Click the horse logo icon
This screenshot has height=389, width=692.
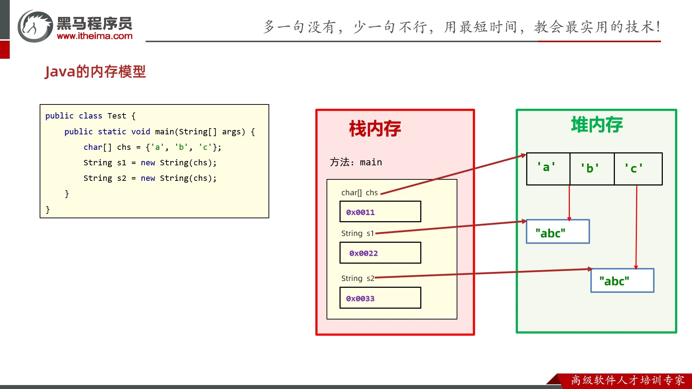(x=35, y=26)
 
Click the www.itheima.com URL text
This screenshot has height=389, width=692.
(x=95, y=36)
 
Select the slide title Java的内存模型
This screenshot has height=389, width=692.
(x=95, y=71)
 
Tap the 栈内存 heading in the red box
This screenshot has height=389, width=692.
(x=375, y=129)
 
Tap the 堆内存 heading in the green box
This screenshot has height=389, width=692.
(x=597, y=125)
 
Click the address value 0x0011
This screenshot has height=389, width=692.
(x=360, y=212)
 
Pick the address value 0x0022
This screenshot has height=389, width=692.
(x=363, y=253)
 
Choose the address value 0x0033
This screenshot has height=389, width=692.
(x=360, y=298)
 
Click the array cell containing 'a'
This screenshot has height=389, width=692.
(x=548, y=169)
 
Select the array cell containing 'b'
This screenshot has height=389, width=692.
(x=592, y=169)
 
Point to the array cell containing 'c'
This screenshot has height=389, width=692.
(x=638, y=169)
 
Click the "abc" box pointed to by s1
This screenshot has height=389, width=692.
(x=558, y=232)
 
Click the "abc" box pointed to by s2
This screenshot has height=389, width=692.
(x=622, y=280)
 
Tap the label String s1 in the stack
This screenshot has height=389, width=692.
(x=358, y=233)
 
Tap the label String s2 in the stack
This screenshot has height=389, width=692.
(x=358, y=278)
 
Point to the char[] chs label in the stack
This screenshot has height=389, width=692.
(x=360, y=193)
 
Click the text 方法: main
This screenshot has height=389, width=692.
(x=356, y=162)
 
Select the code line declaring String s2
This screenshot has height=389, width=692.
(x=150, y=178)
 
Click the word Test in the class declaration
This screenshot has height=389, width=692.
(x=117, y=116)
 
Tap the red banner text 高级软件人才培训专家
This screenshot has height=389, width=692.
(x=628, y=380)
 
